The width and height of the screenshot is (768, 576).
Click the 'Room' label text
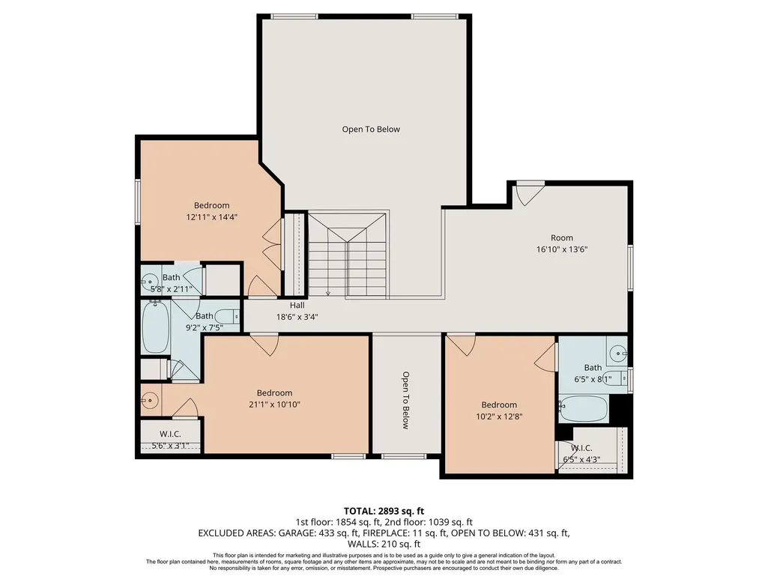[562, 238]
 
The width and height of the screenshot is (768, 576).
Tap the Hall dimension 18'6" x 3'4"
[297, 317]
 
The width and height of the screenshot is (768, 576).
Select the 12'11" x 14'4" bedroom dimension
[211, 217]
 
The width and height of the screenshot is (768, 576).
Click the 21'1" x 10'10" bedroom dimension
[274, 404]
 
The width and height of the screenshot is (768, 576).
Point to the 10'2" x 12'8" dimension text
[499, 416]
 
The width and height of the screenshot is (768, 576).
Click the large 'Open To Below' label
[371, 130]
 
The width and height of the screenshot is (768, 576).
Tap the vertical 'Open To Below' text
[405, 400]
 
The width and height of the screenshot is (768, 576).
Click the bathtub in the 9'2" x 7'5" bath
[156, 327]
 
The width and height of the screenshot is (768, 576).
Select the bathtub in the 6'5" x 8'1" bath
[584, 409]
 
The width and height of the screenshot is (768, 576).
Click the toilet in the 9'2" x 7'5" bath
[227, 316]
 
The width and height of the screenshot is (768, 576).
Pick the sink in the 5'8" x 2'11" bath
[148, 281]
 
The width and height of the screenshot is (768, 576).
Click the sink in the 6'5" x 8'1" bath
[619, 353]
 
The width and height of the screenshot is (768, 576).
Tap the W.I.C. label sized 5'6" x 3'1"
[170, 434]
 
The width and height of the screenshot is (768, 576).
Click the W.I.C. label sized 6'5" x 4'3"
[581, 448]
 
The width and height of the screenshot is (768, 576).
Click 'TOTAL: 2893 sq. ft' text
[384, 512]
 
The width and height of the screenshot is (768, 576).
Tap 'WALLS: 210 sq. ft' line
[384, 544]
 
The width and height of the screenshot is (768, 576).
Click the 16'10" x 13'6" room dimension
[562, 249]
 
